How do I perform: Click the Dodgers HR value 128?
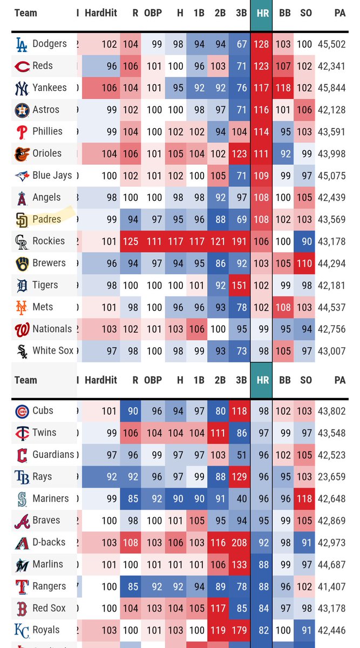tap(261, 44)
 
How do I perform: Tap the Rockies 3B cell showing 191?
tap(239, 241)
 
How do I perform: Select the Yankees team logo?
tap(22, 88)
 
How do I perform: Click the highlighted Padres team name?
tap(46, 219)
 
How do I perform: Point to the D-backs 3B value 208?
tap(239, 543)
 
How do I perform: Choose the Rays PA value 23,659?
tap(331, 477)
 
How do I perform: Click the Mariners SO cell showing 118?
tap(304, 499)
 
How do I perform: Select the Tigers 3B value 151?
tap(239, 286)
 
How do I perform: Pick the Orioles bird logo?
tap(22, 154)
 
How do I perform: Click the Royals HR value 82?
tap(263, 630)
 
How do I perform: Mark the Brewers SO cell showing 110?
tap(304, 264)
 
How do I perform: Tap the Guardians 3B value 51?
tap(242, 455)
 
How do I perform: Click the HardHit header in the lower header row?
tap(101, 380)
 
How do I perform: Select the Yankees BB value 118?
tap(283, 88)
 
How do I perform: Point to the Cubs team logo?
tap(22, 411)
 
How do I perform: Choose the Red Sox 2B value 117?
tap(218, 609)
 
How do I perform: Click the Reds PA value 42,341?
tap(331, 66)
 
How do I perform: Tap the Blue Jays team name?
tap(52, 175)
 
